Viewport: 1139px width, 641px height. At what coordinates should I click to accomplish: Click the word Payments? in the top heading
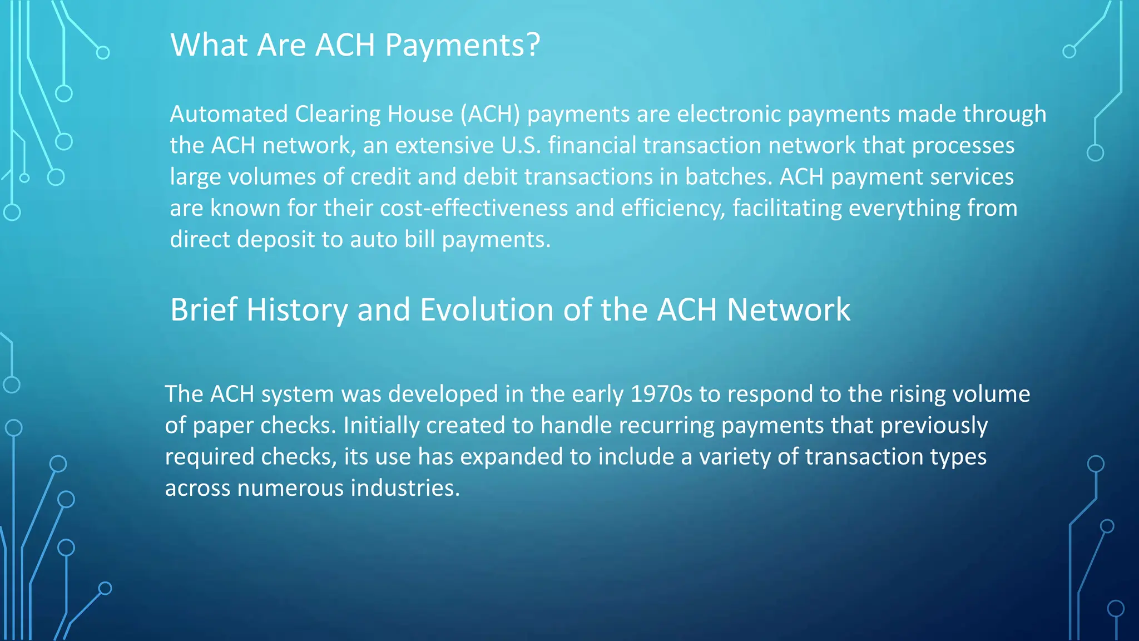462,46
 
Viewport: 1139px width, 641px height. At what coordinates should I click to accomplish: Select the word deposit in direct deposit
276,240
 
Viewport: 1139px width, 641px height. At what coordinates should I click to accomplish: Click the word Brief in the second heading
204,310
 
